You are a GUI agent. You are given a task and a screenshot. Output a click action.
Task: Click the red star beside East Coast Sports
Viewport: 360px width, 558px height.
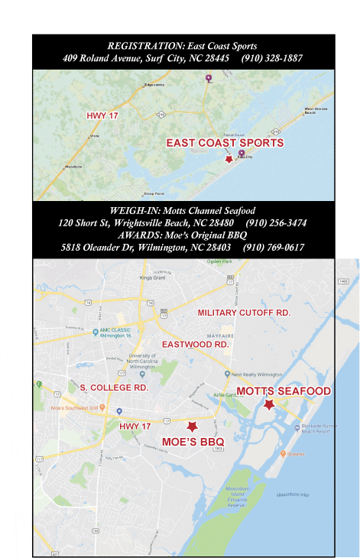pyautogui.click(x=228, y=158)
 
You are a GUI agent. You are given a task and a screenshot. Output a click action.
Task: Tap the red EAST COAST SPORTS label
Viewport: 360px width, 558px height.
pyautogui.click(x=225, y=143)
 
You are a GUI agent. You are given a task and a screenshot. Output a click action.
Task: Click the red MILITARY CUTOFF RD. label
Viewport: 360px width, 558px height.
pyautogui.click(x=244, y=313)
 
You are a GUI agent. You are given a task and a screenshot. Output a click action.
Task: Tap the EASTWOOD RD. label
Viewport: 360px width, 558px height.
pyautogui.click(x=196, y=345)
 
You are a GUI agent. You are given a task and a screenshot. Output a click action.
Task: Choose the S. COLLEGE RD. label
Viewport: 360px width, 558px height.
pyautogui.click(x=114, y=388)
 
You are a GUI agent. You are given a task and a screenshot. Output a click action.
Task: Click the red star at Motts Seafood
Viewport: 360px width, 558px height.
pyautogui.click(x=268, y=405)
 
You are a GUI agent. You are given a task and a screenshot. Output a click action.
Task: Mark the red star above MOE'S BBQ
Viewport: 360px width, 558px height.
pyautogui.click(x=193, y=426)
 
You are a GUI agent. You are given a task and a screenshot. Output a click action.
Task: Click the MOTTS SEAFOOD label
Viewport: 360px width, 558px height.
pyautogui.click(x=284, y=391)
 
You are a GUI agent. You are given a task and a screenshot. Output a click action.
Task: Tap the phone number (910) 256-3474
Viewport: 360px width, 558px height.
pyautogui.click(x=277, y=222)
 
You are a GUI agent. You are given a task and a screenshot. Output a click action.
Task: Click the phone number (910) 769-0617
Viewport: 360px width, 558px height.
pyautogui.click(x=274, y=247)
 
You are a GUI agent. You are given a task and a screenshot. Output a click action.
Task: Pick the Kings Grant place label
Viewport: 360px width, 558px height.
pyautogui.click(x=152, y=278)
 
